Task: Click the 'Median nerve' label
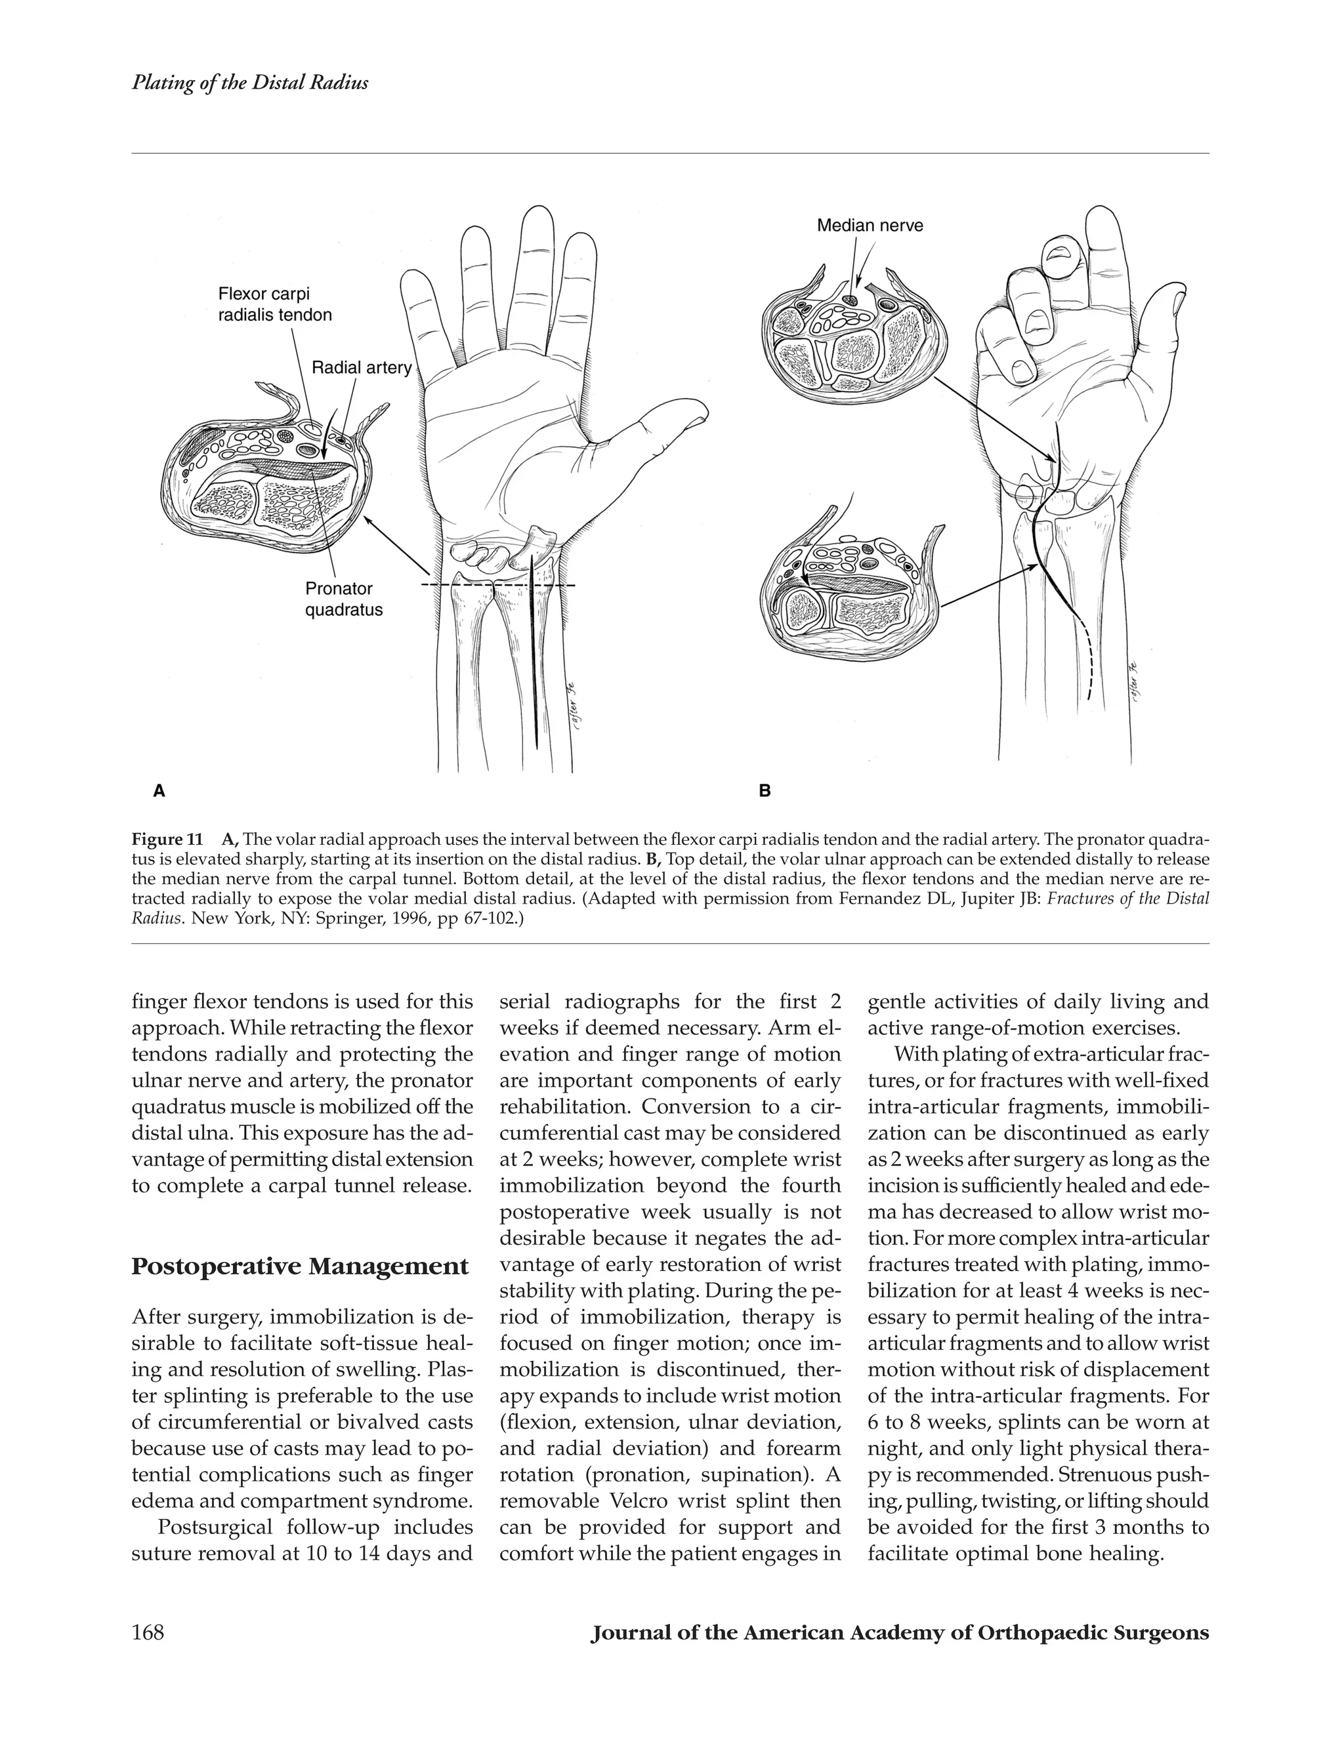(870, 226)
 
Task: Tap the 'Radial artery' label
(362, 368)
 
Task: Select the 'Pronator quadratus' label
(344, 599)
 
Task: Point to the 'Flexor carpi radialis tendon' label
(275, 306)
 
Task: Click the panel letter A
(159, 791)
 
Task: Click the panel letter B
(765, 791)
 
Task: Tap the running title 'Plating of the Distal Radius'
(250, 83)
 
